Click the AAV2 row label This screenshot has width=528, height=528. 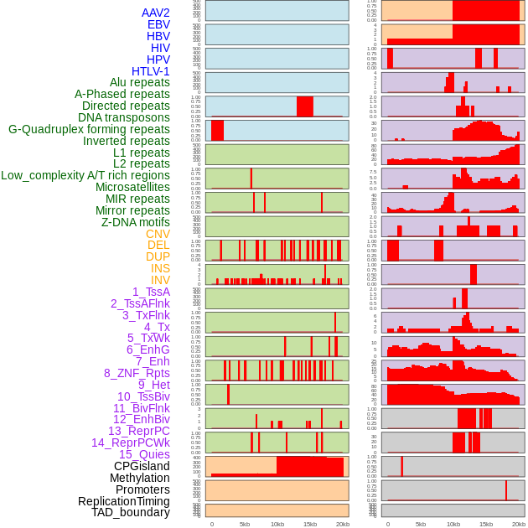[x=155, y=13]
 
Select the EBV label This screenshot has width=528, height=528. [x=158, y=24]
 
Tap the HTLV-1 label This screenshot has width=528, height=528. [x=150, y=71]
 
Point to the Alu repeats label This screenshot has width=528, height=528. [x=140, y=82]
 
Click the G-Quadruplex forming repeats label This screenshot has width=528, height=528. [x=89, y=129]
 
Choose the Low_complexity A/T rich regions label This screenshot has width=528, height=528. [x=85, y=175]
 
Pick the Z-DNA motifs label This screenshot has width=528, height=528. [x=136, y=222]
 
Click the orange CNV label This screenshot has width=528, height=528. [x=158, y=234]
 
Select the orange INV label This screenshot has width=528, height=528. [x=160, y=280]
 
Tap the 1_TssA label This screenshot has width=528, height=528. [x=151, y=292]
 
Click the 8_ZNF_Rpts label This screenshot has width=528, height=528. [x=137, y=373]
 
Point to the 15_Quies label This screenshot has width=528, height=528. [x=144, y=454]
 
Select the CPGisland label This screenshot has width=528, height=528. [x=142, y=466]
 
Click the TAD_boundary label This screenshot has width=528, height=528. [x=130, y=512]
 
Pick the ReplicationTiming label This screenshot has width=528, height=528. [x=123, y=501]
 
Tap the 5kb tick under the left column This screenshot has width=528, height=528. [x=245, y=524]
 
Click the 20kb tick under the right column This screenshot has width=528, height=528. [x=519, y=524]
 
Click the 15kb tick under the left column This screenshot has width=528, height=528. [x=310, y=524]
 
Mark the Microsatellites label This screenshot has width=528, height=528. [x=132, y=187]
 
